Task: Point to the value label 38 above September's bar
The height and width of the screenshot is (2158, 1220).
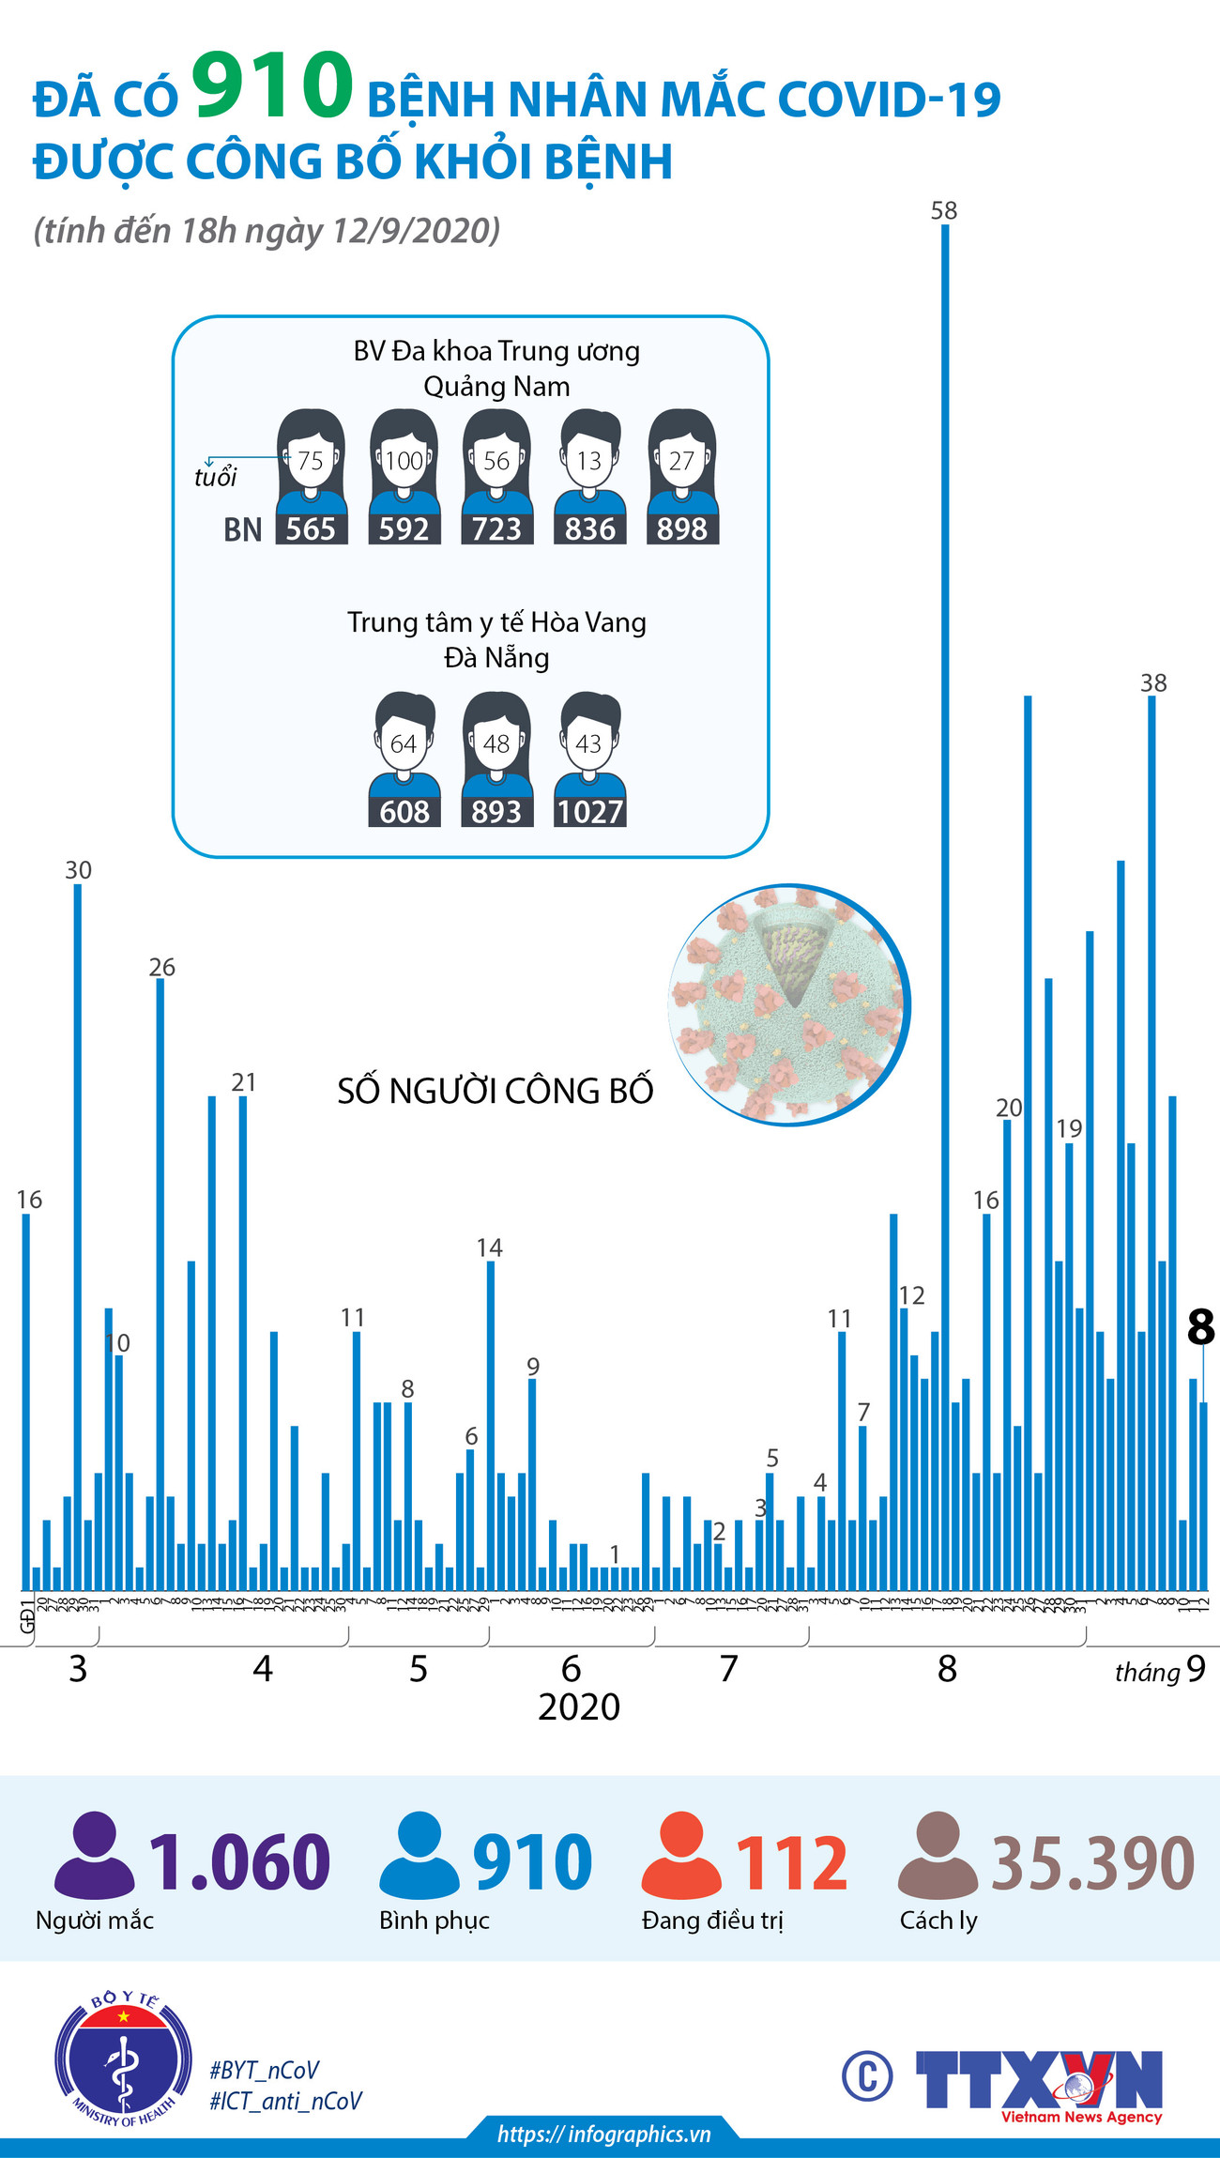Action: click(x=1153, y=683)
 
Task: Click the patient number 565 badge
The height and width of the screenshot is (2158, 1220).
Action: click(x=311, y=529)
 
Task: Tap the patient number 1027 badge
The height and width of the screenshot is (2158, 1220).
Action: click(x=589, y=812)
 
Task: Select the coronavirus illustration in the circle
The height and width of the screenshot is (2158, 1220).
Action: click(x=789, y=1003)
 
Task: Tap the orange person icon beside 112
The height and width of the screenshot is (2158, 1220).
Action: click(x=680, y=1855)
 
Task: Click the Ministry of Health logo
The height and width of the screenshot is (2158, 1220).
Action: click(x=124, y=2058)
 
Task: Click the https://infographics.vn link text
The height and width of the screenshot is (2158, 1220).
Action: click(x=603, y=2134)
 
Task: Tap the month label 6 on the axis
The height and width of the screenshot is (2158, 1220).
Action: click(x=571, y=1668)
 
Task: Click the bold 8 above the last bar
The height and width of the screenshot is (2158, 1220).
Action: click(x=1200, y=1327)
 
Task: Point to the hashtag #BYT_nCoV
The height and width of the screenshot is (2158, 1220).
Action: click(x=264, y=2070)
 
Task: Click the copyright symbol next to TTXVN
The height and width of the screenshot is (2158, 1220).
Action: click(x=866, y=2076)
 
